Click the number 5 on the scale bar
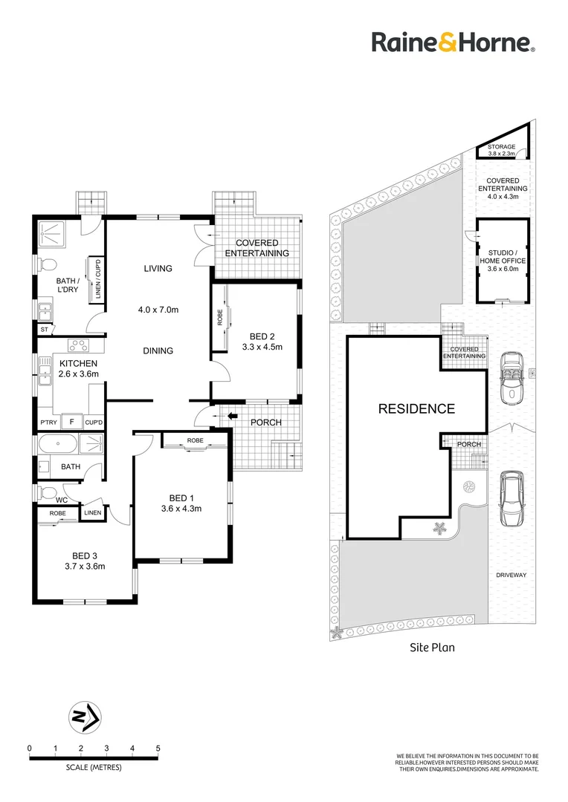point(158,748)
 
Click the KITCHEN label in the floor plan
point(79,362)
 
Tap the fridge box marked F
point(71,422)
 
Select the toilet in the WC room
point(48,492)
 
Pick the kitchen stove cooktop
point(78,345)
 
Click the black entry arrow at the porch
point(233,416)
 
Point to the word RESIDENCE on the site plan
point(416,408)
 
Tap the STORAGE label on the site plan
point(501,148)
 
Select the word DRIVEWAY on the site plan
point(513,575)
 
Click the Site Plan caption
point(432,648)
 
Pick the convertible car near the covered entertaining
point(511,376)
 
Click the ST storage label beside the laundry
point(45,329)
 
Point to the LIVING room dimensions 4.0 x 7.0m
point(158,310)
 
